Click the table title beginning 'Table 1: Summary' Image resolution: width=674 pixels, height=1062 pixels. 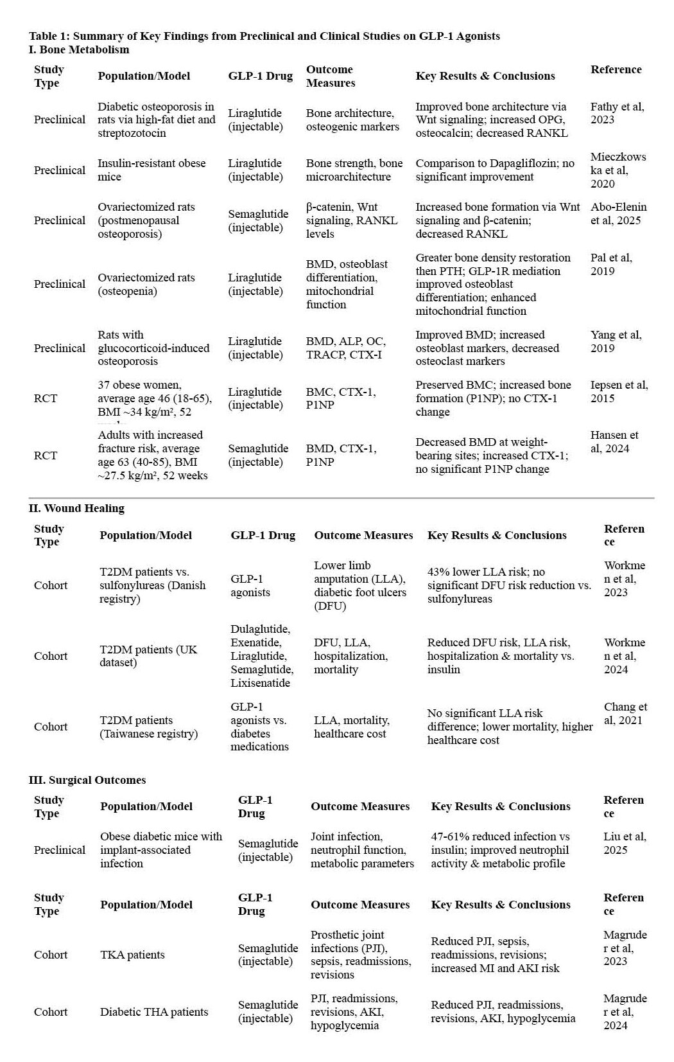click(x=264, y=36)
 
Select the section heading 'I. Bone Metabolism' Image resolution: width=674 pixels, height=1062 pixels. click(x=79, y=49)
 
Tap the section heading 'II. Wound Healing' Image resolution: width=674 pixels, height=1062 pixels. click(x=76, y=508)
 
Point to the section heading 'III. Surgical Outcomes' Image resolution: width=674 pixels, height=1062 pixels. click(x=87, y=780)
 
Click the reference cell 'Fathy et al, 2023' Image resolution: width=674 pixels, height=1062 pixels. click(x=617, y=113)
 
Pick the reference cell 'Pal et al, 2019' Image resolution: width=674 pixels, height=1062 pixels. click(x=611, y=264)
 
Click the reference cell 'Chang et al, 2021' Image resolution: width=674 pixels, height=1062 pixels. click(x=625, y=713)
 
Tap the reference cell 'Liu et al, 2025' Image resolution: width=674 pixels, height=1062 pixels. click(x=625, y=843)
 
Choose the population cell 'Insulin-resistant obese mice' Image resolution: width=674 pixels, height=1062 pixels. click(x=151, y=170)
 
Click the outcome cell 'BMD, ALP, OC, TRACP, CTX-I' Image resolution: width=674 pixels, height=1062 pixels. click(x=346, y=348)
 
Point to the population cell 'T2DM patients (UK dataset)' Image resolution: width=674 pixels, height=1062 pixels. click(x=148, y=656)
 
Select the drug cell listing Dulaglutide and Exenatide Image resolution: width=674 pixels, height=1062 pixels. click(x=260, y=655)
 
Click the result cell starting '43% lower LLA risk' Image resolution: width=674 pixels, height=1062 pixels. click(x=508, y=585)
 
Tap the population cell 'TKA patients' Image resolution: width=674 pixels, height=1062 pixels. click(x=132, y=955)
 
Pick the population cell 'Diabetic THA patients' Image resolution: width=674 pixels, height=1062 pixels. click(x=154, y=1012)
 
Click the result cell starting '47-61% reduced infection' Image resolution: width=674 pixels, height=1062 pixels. click(x=500, y=850)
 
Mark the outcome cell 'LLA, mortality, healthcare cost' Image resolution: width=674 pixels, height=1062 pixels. click(x=351, y=727)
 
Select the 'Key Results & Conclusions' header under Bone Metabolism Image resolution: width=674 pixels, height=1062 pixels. click(x=485, y=76)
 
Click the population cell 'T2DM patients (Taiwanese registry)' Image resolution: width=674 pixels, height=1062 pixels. click(x=148, y=727)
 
